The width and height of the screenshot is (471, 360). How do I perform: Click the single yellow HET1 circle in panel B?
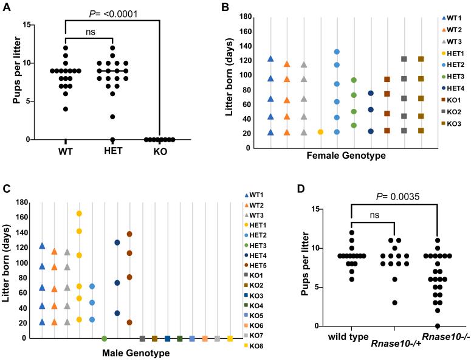(320, 132)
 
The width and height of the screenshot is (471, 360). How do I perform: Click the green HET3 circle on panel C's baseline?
(105, 338)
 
